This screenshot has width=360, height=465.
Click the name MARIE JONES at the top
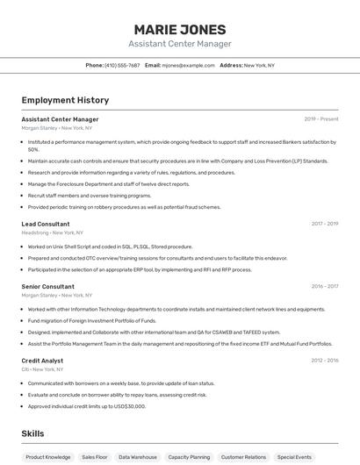click(180, 29)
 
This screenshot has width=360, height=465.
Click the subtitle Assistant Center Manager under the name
click(180, 44)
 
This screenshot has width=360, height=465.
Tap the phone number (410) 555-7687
click(122, 65)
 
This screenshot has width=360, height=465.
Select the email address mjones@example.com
click(188, 65)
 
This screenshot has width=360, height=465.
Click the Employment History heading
click(65, 101)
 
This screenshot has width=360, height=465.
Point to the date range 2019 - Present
click(321, 118)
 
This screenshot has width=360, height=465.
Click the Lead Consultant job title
click(46, 224)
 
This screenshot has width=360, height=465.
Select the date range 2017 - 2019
click(325, 224)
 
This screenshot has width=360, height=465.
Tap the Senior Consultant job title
click(48, 286)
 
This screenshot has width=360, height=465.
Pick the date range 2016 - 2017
click(325, 286)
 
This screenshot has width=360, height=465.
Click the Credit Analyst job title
click(42, 360)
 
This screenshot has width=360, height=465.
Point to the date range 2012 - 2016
click(325, 360)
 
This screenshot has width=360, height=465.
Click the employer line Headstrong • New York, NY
click(53, 232)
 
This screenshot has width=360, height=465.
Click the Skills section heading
click(32, 433)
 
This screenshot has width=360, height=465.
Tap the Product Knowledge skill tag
click(48, 457)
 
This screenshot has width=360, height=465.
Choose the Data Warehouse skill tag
click(138, 457)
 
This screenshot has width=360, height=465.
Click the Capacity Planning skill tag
click(189, 457)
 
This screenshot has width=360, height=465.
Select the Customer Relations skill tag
click(243, 457)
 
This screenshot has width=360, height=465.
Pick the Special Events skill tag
click(294, 457)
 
